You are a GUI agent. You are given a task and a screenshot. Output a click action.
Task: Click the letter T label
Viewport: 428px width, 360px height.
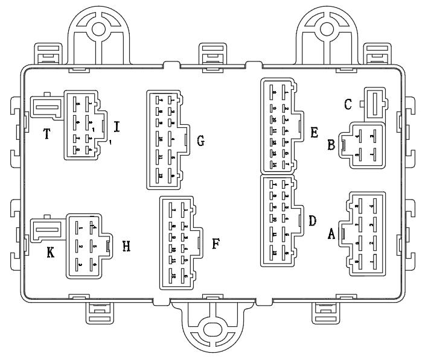click(46, 134)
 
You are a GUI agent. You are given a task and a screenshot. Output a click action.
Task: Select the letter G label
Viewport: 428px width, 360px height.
click(201, 142)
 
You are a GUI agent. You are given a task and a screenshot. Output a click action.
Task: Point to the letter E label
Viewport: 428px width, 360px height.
click(314, 132)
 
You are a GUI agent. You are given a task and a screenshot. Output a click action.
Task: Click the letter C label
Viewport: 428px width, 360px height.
click(348, 104)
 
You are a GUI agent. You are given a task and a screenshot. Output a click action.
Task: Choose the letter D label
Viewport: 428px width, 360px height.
click(312, 220)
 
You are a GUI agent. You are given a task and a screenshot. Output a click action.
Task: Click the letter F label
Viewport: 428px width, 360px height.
click(216, 244)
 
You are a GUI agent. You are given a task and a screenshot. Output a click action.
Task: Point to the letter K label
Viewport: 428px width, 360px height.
click(51, 254)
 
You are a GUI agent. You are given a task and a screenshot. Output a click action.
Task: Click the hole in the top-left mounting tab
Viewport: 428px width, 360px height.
click(99, 28)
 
